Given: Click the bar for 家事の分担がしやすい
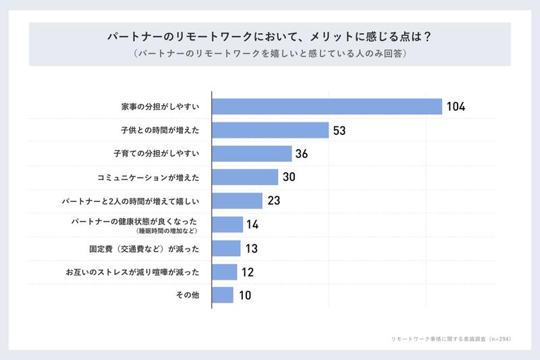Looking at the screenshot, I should [x=327, y=107].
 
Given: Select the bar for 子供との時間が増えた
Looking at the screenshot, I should [x=270, y=130].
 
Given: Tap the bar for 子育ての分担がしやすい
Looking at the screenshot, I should [x=252, y=153].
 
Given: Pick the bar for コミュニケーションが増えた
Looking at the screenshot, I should [x=245, y=177].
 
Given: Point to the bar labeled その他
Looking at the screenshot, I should [x=223, y=295].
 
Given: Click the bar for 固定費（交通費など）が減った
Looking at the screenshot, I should [x=226, y=249].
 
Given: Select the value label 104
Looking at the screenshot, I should [x=456, y=107].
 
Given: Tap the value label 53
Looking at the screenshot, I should [x=340, y=130].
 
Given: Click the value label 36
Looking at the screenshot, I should [x=302, y=154].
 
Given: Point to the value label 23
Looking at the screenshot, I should [x=273, y=201].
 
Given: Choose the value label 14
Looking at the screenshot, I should [x=252, y=225].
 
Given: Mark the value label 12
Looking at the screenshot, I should [x=247, y=272].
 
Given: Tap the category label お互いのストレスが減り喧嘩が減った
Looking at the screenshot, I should [x=132, y=272].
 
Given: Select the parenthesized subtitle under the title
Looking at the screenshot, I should [x=269, y=53].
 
